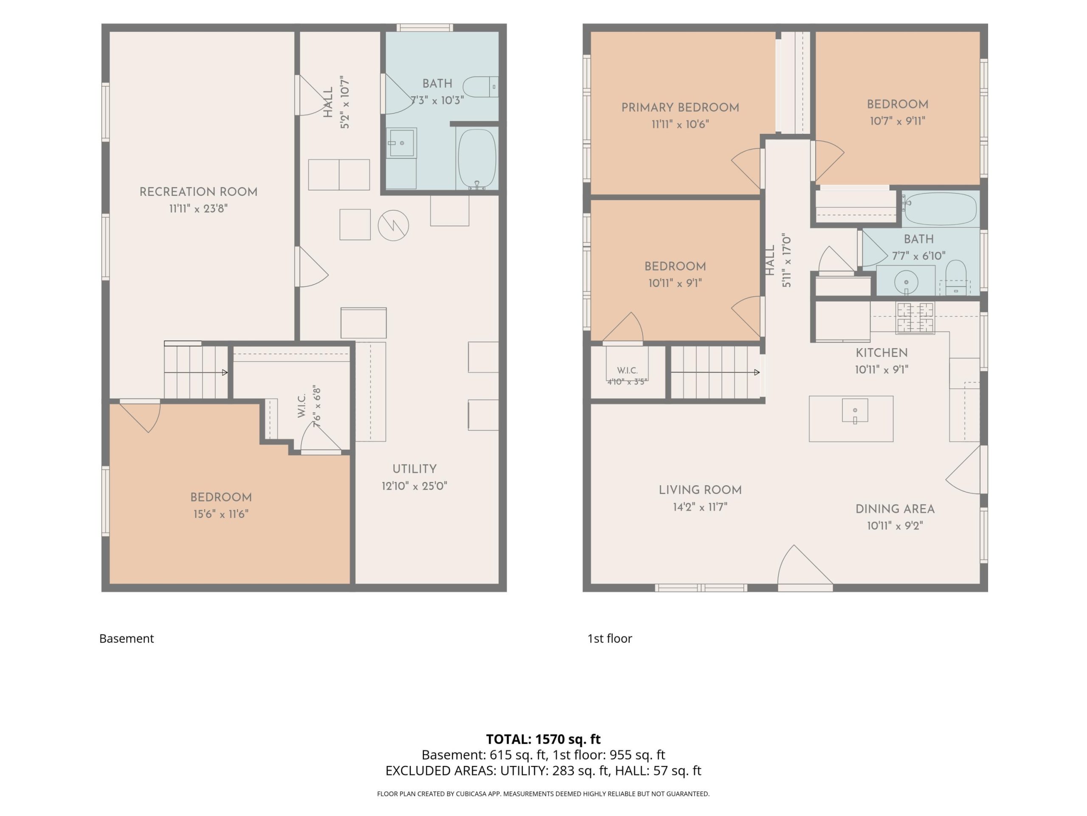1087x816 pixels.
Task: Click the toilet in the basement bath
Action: [481, 87]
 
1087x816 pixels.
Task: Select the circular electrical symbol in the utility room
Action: [393, 225]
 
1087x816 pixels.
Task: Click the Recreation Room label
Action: [199, 192]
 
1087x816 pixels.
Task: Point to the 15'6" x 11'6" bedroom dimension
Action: [221, 514]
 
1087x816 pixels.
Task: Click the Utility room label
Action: [414, 469]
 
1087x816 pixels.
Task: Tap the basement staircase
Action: [196, 372]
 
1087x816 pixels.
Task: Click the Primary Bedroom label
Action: [680, 108]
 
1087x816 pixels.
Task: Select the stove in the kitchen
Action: [915, 318]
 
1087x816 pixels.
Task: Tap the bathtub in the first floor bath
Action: [940, 209]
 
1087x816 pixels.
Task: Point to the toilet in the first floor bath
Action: [956, 278]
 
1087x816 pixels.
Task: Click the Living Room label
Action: [700, 490]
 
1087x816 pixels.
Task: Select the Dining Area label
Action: [895, 509]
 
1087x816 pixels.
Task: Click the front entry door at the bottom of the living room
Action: [805, 568]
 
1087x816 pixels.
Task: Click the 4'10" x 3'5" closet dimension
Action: [628, 381]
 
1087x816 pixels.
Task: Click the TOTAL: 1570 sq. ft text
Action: [543, 739]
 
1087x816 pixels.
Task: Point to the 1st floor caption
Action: [609, 638]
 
